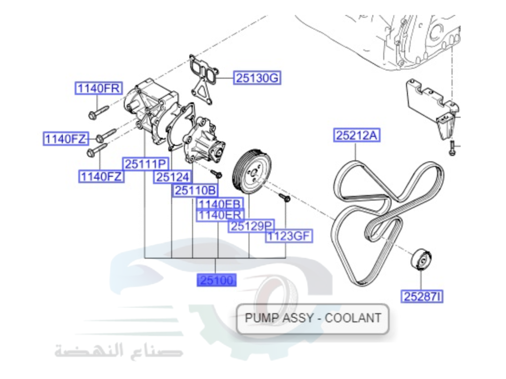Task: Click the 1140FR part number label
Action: coord(99,88)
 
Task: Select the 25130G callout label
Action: coord(257,78)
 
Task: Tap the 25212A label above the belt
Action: coord(357,135)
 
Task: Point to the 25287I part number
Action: coord(423,297)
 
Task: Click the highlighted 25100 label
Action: coord(217,280)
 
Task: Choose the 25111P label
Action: coord(146,164)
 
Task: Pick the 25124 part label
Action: coord(173,177)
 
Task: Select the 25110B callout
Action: coord(196,191)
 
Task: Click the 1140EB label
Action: coord(220,204)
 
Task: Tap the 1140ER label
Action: coord(220,215)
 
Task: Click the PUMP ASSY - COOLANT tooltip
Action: coord(312,318)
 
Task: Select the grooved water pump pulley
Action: coord(251,171)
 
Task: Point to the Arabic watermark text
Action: coord(119,350)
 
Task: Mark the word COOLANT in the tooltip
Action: coord(353,318)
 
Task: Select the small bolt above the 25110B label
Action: coord(218,174)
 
